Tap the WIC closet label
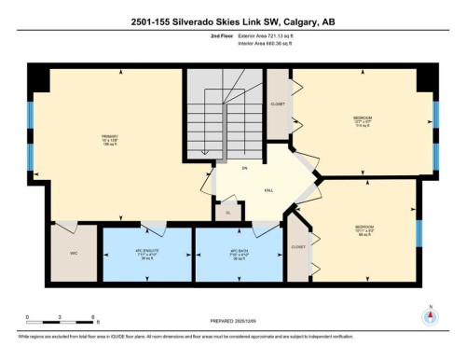[x=73, y=253]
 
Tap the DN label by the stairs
[x=243, y=168]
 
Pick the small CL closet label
[x=228, y=213]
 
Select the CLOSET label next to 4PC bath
[x=298, y=247]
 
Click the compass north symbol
[x=430, y=315]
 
